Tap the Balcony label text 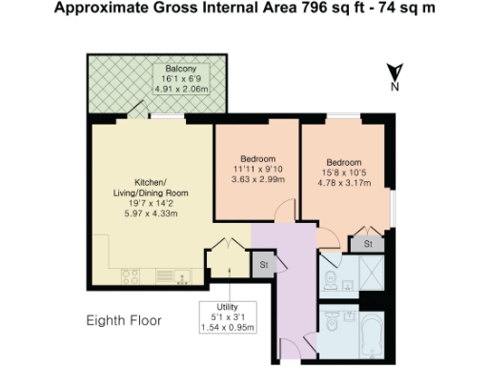coord(181,70)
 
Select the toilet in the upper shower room coord(329,279)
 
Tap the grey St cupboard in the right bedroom coord(368,244)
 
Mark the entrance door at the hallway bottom coord(303,341)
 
